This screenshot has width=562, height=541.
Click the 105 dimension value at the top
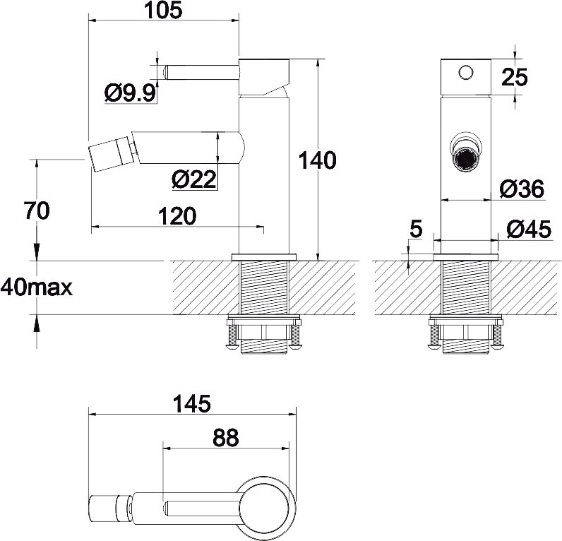[162, 11]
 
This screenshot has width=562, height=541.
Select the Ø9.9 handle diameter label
[131, 93]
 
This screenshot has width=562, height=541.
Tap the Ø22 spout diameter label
[194, 179]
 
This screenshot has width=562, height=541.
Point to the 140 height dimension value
[317, 160]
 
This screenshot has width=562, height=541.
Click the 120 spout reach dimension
[177, 216]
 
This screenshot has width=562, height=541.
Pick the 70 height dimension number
[37, 210]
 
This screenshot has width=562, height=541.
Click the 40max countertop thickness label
[37, 287]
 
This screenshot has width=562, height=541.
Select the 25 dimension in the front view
[514, 77]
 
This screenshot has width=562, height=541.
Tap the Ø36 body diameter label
[522, 189]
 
